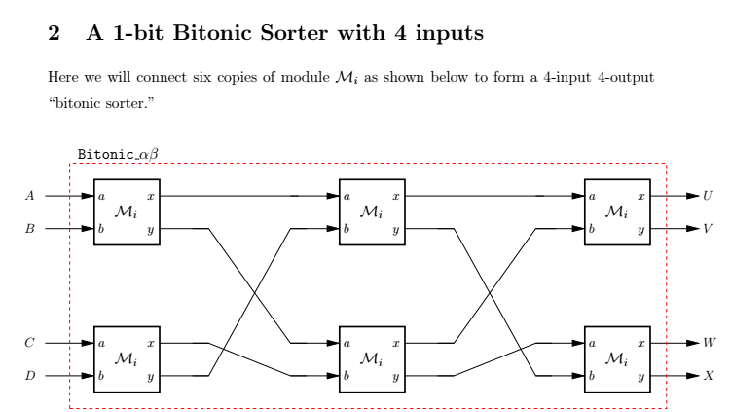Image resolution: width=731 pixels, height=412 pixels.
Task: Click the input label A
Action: point(30,196)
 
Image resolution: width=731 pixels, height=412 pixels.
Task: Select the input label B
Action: point(30,230)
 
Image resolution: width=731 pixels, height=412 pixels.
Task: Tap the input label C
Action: point(30,343)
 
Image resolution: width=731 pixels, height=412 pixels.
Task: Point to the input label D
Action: point(30,375)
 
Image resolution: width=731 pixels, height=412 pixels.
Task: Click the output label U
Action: point(707,196)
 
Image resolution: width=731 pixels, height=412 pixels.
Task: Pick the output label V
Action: point(707,230)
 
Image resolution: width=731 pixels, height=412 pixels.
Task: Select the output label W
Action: point(708,343)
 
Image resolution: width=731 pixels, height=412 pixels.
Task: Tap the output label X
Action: point(708,375)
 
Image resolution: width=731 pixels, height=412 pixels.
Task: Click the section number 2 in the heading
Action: point(54,37)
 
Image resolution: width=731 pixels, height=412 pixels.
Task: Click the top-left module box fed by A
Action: point(128,212)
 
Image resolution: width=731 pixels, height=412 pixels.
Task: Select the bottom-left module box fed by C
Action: point(128,359)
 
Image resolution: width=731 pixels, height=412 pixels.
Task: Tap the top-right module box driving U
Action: point(616,212)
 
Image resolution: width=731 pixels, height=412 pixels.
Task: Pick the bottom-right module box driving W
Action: point(616,359)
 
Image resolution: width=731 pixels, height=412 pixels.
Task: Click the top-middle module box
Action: point(372,212)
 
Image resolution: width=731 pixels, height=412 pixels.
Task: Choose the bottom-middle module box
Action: point(372,359)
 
